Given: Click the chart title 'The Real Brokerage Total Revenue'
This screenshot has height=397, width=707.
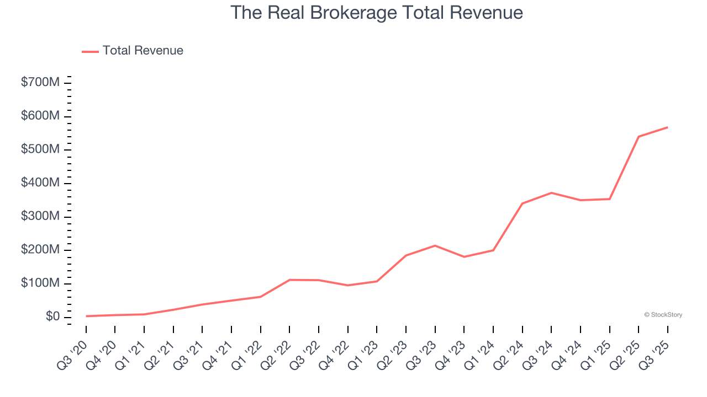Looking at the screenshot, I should (376, 13).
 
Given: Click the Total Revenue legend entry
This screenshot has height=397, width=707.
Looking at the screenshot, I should (133, 51).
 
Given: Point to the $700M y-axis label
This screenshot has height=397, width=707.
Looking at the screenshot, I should (40, 83).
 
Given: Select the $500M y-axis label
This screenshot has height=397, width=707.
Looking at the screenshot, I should (40, 149).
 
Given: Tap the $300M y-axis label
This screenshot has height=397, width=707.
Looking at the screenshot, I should (40, 217).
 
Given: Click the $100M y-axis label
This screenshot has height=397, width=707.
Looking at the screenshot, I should (40, 283).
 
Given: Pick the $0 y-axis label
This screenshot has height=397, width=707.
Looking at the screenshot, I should (53, 317).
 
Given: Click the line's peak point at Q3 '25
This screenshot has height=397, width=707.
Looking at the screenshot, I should (667, 127).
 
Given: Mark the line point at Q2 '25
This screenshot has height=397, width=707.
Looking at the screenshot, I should (639, 136).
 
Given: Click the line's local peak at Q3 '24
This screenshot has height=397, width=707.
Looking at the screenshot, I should (551, 192).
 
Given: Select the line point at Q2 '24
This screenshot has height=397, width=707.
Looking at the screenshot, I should (522, 203).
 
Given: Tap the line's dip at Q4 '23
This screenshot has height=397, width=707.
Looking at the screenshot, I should (464, 257).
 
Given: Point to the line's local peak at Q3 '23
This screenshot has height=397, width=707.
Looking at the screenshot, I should (435, 245).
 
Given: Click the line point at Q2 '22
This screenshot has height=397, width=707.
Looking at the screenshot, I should (290, 280).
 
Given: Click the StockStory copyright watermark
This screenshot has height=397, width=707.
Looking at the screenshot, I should (663, 315).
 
